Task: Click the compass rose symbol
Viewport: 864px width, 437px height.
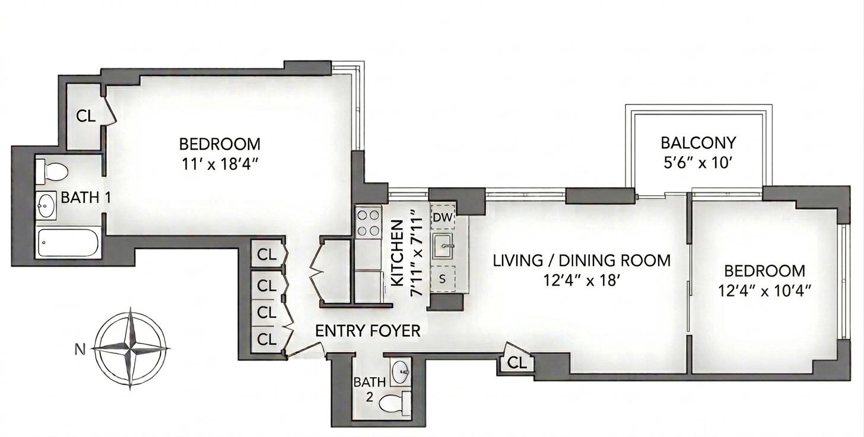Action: coord(132,349)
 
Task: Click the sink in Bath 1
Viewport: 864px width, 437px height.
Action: coord(46,205)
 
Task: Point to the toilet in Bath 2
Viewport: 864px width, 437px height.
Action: coord(397,403)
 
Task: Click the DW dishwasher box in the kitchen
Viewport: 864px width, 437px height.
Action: coord(441,218)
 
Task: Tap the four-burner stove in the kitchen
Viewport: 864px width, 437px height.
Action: coord(367,223)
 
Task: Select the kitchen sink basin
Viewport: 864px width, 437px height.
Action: coord(442,246)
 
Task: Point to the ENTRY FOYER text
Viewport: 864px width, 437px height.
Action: coord(367,331)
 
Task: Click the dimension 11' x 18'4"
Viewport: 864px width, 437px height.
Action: coord(220,163)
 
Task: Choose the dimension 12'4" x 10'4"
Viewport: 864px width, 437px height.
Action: coord(765,291)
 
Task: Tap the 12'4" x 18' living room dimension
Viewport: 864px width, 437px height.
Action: coord(582,280)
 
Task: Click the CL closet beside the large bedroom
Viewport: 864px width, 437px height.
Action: coord(85,116)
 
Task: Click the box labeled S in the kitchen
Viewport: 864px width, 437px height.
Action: coord(442,278)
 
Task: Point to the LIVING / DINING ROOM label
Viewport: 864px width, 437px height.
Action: coord(582,260)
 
